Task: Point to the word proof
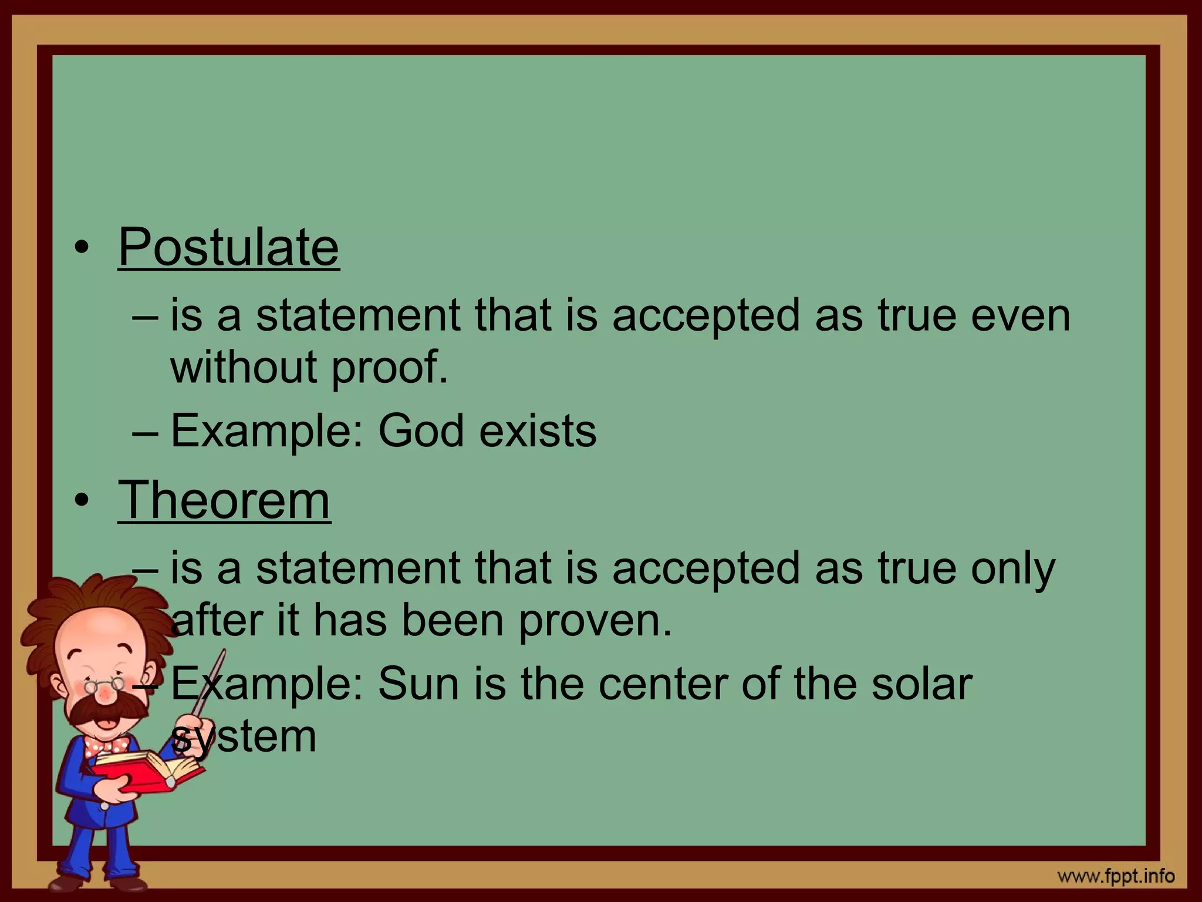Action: tap(389, 367)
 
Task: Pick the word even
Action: tap(1021, 315)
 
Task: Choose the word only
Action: tap(1013, 568)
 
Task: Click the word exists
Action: tap(538, 430)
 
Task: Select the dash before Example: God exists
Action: tap(146, 432)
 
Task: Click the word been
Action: tap(452, 621)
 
